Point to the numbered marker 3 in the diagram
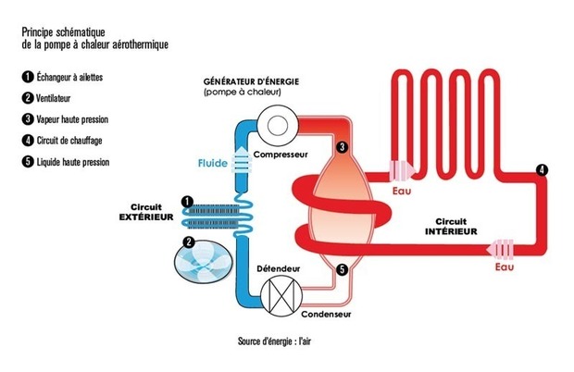342,147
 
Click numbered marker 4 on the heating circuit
542,169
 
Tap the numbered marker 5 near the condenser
342,270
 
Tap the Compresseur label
277,154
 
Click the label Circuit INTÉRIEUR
445,227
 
